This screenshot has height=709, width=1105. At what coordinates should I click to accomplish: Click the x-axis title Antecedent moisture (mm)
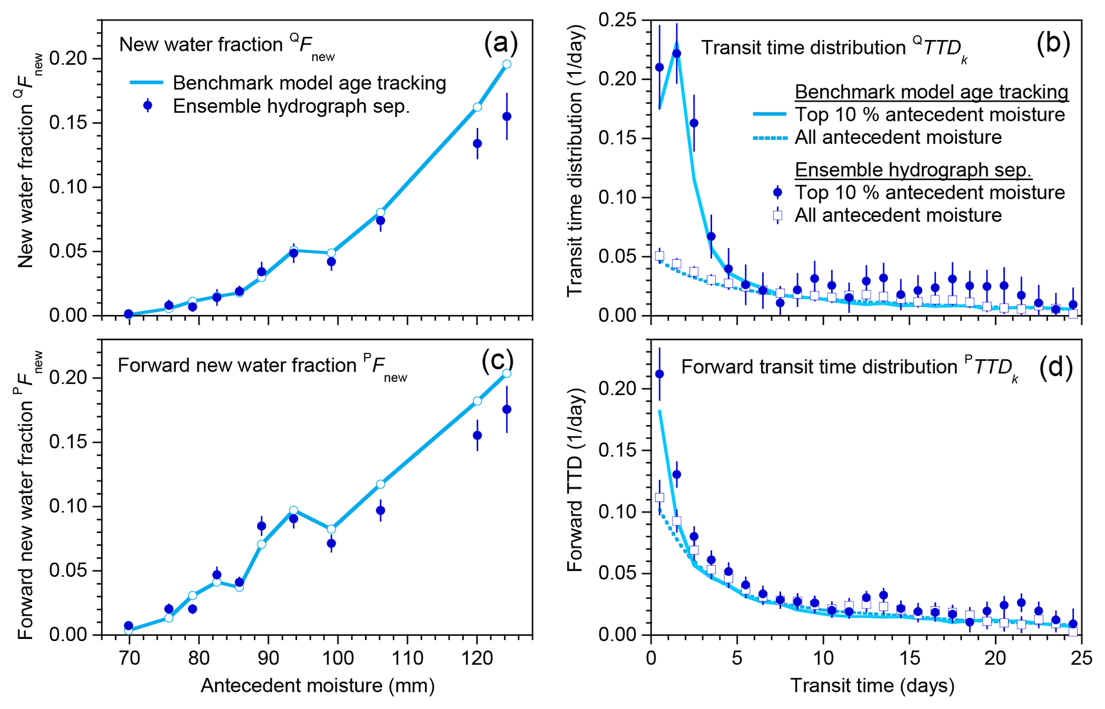tap(318, 685)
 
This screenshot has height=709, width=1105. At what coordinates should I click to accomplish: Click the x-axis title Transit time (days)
tap(872, 685)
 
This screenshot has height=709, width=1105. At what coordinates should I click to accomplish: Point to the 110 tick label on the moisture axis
tap(407, 658)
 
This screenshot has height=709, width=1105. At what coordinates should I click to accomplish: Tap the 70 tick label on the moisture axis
tap(129, 658)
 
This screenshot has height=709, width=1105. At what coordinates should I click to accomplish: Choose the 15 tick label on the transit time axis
tap(909, 658)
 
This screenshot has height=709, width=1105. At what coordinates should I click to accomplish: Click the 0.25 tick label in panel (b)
tap(617, 20)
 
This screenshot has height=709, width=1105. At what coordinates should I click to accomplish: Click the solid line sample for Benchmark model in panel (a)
tap(146, 83)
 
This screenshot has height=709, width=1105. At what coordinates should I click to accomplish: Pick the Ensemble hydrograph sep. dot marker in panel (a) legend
tap(148, 106)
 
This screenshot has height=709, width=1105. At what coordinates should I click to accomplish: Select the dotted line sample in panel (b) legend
tap(770, 138)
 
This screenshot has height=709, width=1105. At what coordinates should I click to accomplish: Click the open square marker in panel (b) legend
tap(778, 215)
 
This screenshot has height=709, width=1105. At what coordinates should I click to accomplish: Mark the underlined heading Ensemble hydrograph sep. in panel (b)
tap(913, 169)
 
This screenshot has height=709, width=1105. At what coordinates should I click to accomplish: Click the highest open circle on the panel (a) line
tap(507, 64)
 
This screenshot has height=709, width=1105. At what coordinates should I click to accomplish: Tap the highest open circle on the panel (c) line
tap(507, 373)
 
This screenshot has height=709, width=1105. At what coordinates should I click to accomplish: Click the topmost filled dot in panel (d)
tap(660, 374)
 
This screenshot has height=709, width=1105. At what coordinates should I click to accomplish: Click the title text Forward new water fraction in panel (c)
tap(237, 365)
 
